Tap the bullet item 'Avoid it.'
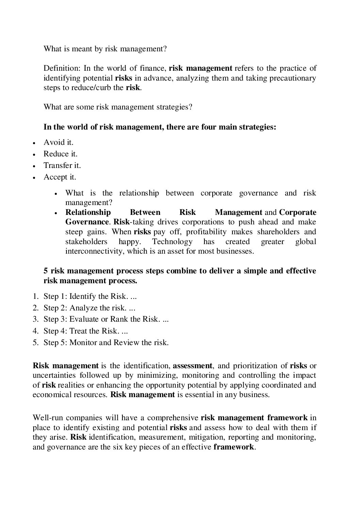click(58, 142)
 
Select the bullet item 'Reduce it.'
click(60, 154)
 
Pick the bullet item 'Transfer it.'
click(62, 165)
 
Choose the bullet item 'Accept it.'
click(60, 177)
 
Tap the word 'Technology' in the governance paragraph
click(172, 242)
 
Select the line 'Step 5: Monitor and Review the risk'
click(106, 342)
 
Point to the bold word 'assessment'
click(193, 366)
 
